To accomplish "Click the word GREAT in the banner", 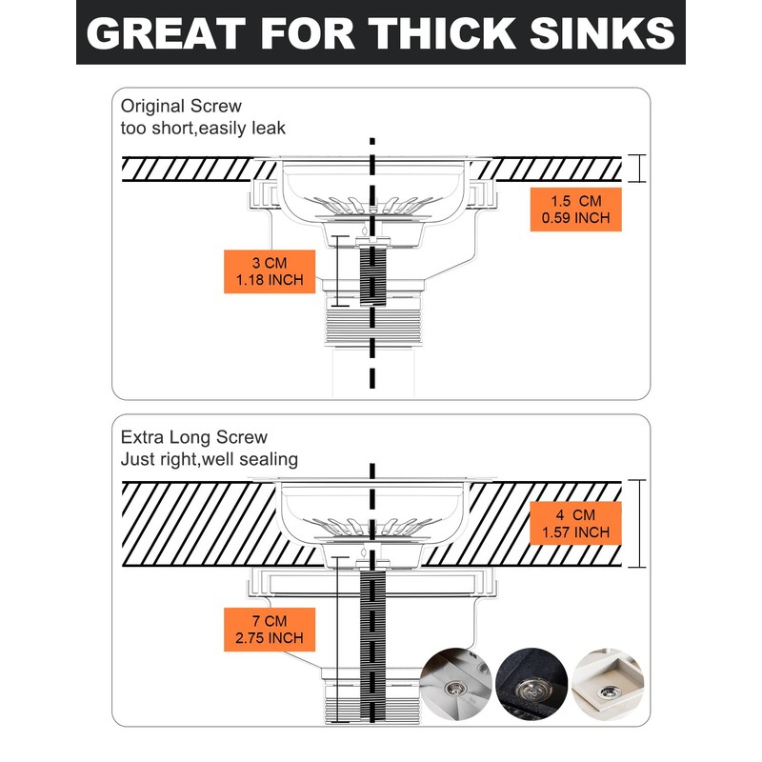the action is [x=166, y=33].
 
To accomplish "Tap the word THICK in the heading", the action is [x=442, y=33].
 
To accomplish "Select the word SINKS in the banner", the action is [x=602, y=33].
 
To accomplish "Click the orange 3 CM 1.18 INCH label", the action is [x=270, y=271].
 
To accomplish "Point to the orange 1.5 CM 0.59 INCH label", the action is [x=576, y=210].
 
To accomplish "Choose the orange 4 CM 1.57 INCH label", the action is [x=576, y=523].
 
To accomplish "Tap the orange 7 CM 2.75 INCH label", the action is [x=270, y=630].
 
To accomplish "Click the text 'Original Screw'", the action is [x=181, y=106].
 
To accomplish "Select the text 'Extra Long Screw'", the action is [x=194, y=437].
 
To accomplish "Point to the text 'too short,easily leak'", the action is [x=203, y=129].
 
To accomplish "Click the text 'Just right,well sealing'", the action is [x=210, y=459].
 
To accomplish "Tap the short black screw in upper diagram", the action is [x=372, y=275].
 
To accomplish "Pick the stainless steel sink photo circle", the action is [x=456, y=684].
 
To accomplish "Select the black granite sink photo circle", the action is [x=531, y=684].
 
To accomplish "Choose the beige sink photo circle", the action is [x=608, y=684].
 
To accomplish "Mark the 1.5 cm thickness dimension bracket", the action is [x=636, y=169].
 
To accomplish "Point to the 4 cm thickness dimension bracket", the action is [x=636, y=523].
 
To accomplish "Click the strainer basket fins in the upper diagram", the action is [x=372, y=205].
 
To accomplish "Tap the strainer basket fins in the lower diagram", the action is [x=372, y=527].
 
